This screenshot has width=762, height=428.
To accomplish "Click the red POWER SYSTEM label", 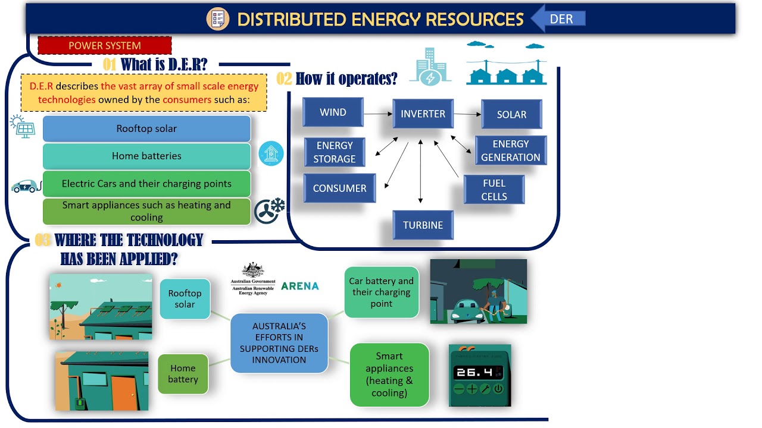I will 105,46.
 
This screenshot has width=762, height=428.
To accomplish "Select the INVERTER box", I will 423,114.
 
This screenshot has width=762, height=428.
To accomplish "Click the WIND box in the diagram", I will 333,112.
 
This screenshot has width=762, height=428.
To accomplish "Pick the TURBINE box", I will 423,225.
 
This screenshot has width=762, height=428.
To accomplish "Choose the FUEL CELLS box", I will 494,190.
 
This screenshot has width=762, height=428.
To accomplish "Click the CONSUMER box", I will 339,188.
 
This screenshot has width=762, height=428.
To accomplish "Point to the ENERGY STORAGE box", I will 335,152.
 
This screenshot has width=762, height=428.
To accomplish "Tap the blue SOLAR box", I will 511,114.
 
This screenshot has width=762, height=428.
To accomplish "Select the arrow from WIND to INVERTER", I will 377,113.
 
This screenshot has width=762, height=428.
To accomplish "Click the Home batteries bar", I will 146,156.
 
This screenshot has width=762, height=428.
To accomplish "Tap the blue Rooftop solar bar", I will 146,128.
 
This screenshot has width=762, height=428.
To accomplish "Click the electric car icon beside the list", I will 26,186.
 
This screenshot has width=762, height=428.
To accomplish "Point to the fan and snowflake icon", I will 270,210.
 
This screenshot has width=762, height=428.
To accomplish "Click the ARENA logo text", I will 299,286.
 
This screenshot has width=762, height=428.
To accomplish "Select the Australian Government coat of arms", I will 253,270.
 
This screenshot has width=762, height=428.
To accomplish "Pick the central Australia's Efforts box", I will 279,343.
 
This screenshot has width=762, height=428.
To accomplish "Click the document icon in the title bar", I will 218,19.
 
